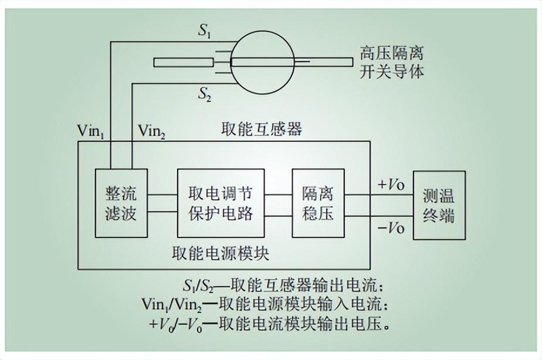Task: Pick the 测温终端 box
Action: pos(439,205)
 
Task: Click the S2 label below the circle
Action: pos(205,94)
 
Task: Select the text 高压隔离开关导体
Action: pos(391,63)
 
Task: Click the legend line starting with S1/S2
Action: pos(283,287)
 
